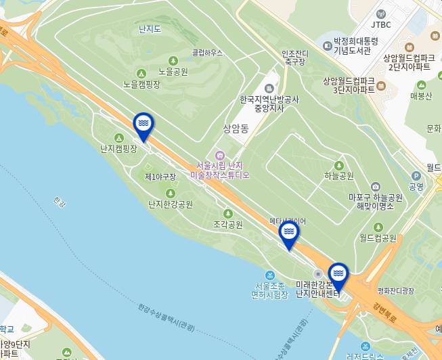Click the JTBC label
[381, 24]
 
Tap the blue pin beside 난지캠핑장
[143, 125]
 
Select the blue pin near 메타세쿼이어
[289, 233]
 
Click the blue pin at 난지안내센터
[338, 274]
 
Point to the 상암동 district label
[236, 128]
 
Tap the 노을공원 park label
[173, 71]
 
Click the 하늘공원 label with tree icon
[339, 176]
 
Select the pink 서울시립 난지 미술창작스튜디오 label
[219, 170]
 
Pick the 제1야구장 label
[160, 177]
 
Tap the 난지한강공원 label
[170, 204]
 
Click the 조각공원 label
[227, 224]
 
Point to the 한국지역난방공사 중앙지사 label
[269, 103]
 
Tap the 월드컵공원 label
[378, 238]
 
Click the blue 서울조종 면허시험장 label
[269, 290]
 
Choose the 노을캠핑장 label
[141, 85]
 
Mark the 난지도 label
[150, 29]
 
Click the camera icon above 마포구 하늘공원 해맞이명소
[376, 187]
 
